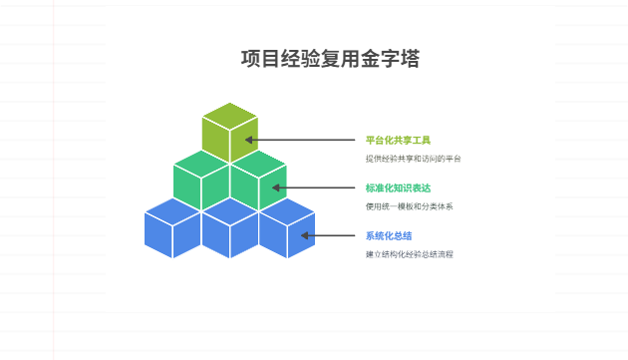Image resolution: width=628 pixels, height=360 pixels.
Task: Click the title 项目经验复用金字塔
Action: point(330,60)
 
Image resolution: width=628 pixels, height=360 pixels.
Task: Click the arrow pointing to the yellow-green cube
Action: point(299,140)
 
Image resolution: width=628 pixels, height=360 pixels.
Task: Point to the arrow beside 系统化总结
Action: point(329,236)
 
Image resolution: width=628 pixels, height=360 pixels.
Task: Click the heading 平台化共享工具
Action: point(398,140)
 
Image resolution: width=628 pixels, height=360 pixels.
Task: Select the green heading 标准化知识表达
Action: point(398,187)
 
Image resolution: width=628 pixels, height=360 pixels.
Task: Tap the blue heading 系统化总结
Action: point(389,236)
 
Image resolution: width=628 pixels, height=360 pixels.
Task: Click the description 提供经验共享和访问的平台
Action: point(413,159)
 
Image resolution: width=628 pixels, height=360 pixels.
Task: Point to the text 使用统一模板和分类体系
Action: point(409,206)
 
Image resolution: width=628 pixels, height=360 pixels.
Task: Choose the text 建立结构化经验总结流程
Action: point(409,254)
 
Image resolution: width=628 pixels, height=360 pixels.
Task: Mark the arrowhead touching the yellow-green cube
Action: point(250,140)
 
